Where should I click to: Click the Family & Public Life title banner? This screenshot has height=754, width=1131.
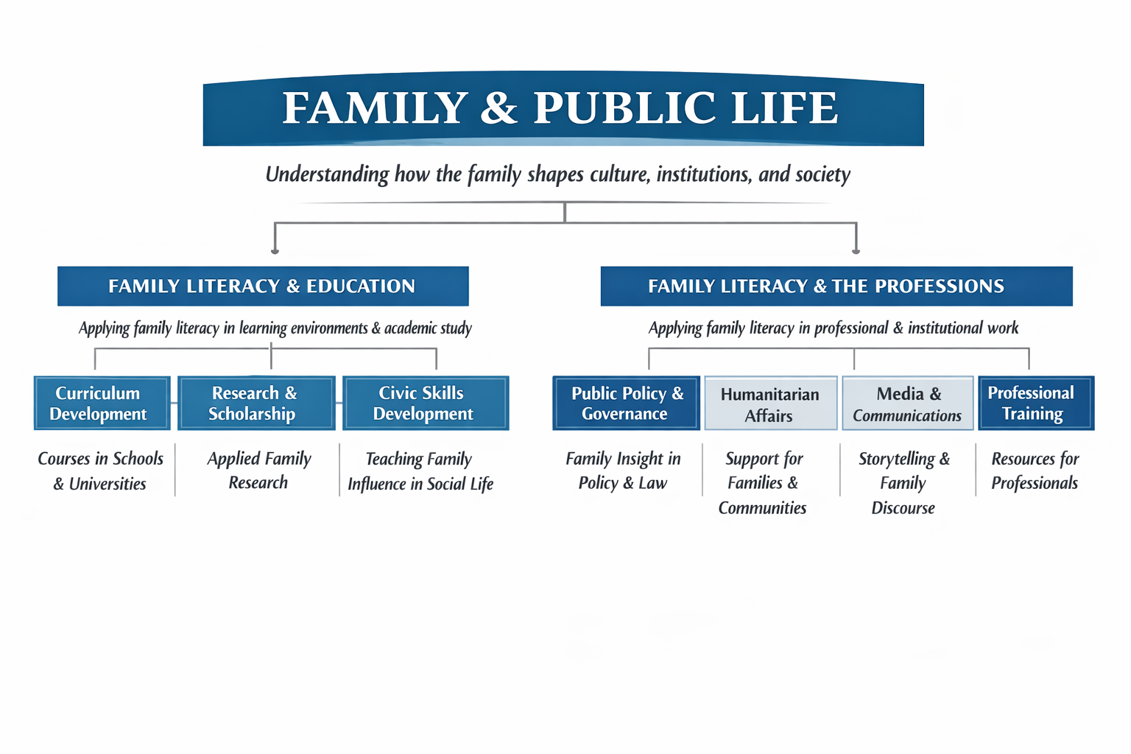563,109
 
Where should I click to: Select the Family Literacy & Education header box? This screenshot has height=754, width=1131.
263,286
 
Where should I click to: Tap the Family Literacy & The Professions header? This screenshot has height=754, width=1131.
836,286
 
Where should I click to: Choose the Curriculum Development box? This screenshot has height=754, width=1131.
102,404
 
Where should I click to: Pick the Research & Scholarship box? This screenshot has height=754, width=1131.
256,404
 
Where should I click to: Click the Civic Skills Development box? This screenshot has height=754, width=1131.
425,404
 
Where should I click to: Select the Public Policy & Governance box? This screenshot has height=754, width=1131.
626,404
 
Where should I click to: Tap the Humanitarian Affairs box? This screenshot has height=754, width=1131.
770,404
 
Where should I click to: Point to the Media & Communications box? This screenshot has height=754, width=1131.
907,404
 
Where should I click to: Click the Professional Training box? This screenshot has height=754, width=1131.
1035,404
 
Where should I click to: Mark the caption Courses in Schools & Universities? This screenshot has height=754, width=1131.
101,471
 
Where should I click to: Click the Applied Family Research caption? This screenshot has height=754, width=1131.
259,471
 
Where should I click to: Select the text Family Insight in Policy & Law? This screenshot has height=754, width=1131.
623,471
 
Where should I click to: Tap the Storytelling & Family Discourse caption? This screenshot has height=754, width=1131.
904,483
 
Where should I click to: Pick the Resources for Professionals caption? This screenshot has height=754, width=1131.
1035,471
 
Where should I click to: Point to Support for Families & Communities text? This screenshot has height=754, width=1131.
763,483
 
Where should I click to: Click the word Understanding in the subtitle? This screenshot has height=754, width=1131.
327,175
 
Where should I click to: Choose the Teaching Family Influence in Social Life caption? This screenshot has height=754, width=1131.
420,471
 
